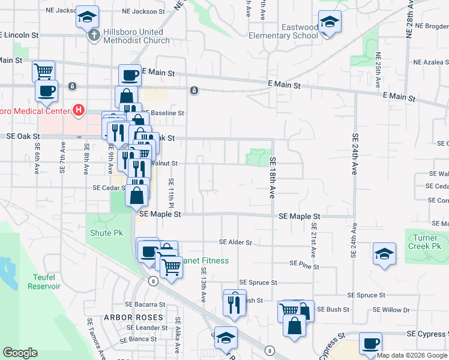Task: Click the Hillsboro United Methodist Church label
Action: coord(136,36)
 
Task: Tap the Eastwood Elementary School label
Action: coord(300,31)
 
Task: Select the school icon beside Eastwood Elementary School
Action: coord(330,22)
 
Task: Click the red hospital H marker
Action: coord(77,110)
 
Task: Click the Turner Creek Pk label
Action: coord(424,242)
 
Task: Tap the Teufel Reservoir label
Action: coord(44,281)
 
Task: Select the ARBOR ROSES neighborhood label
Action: coord(133,317)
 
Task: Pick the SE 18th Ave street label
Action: coord(273,178)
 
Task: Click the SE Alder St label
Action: coord(235,242)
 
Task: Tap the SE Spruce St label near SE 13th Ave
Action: coord(258,282)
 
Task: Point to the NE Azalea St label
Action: coord(431,62)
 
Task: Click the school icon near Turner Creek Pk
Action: coord(384,253)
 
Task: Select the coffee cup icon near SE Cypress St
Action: coord(370,344)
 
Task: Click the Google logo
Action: coord(20,353)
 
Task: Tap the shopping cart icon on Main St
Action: coord(43,71)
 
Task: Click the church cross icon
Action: coord(93,36)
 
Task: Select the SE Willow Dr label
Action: coord(391,310)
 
